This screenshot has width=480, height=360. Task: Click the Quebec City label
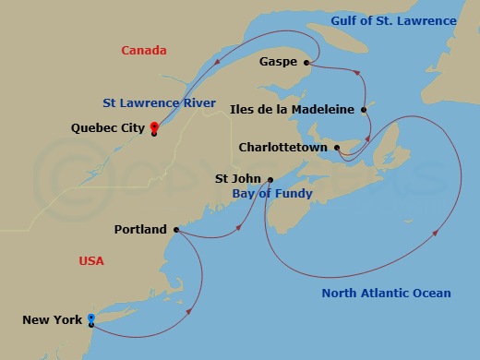click(x=107, y=129)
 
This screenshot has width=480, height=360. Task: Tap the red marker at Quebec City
click(x=153, y=128)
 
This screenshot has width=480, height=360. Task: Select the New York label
click(x=52, y=319)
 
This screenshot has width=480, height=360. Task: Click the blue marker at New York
click(x=90, y=318)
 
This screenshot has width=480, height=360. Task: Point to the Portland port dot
click(x=175, y=229)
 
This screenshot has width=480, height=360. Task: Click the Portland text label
click(x=140, y=229)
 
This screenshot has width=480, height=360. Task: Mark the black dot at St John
click(x=270, y=179)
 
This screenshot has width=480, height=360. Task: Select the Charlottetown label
click(x=283, y=147)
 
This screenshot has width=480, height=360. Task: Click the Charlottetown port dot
click(x=337, y=147)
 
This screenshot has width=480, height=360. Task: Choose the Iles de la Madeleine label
click(x=292, y=109)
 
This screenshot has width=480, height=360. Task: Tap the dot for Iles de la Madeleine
click(x=364, y=109)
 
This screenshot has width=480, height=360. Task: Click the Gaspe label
click(x=279, y=62)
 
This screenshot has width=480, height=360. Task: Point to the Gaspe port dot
click(x=306, y=62)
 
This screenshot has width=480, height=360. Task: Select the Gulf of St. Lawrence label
click(x=393, y=20)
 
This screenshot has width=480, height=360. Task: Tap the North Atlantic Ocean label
click(x=386, y=294)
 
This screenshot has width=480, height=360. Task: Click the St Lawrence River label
click(x=161, y=102)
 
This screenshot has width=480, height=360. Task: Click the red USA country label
click(x=91, y=261)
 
